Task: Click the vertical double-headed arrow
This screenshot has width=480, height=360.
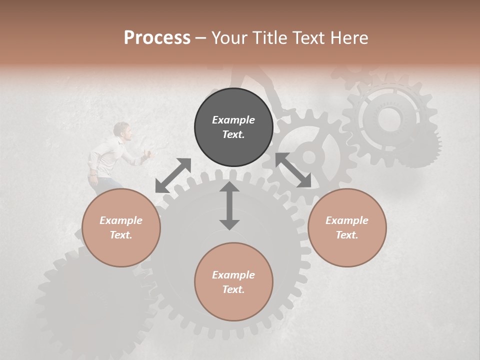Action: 229,205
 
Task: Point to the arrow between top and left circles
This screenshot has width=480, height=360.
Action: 173,175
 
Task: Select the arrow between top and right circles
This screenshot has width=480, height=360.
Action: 293,170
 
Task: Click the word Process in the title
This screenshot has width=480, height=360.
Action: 157,38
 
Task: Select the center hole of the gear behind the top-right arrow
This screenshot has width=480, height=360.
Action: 309,157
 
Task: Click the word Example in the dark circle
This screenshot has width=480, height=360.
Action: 233,120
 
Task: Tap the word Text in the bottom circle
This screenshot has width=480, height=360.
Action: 232,289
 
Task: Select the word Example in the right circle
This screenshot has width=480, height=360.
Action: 347,220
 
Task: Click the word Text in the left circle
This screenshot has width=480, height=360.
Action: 120,235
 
